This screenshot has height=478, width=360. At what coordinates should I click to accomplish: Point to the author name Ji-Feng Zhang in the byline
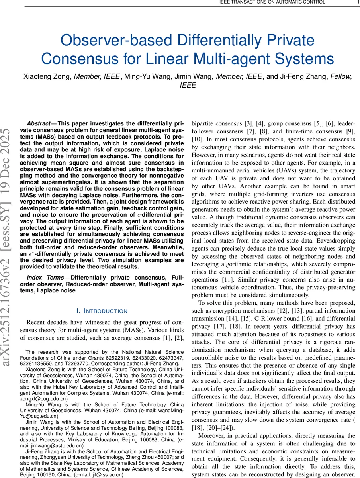(309, 77)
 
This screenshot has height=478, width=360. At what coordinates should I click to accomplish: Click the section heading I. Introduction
(102, 311)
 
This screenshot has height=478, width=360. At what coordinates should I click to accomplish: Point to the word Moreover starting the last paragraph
(213, 435)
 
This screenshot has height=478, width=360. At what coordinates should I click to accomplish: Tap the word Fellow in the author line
(341, 77)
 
